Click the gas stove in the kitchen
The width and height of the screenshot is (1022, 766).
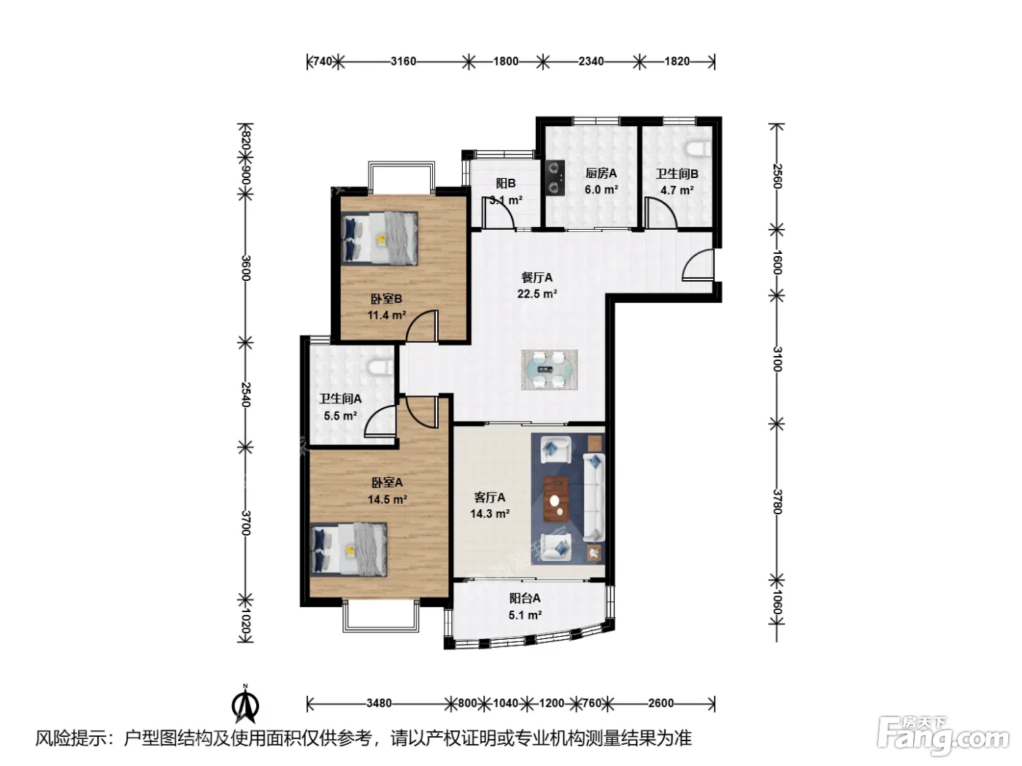(555, 177)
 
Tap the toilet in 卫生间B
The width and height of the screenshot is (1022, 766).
(699, 148)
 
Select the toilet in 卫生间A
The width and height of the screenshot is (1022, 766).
(382, 366)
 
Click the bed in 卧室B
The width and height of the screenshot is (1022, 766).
(379, 238)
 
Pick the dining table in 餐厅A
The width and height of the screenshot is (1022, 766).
(550, 370)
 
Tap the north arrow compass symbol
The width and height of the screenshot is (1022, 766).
(245, 705)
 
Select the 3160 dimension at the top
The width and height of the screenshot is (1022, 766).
(403, 61)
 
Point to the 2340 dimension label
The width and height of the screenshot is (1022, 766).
(591, 61)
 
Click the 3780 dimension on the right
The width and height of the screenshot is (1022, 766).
(776, 502)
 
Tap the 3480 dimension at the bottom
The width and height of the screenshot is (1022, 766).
(379, 703)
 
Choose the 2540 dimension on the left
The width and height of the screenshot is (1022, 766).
(245, 395)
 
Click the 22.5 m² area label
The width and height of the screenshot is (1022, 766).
(537, 294)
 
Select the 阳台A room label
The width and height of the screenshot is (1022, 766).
(525, 598)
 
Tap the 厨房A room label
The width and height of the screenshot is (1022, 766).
(601, 174)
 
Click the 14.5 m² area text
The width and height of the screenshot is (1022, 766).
(388, 500)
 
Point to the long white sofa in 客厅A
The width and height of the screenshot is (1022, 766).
(593, 498)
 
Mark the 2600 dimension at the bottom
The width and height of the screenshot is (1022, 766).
(661, 703)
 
